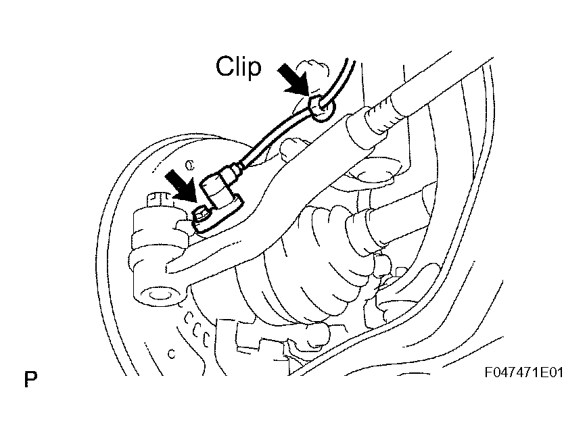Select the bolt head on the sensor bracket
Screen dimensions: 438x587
tap(202, 215)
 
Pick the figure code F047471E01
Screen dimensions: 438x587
tap(523, 374)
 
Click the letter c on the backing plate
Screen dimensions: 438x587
tap(171, 352)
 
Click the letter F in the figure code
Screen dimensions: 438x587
tap(488, 374)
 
